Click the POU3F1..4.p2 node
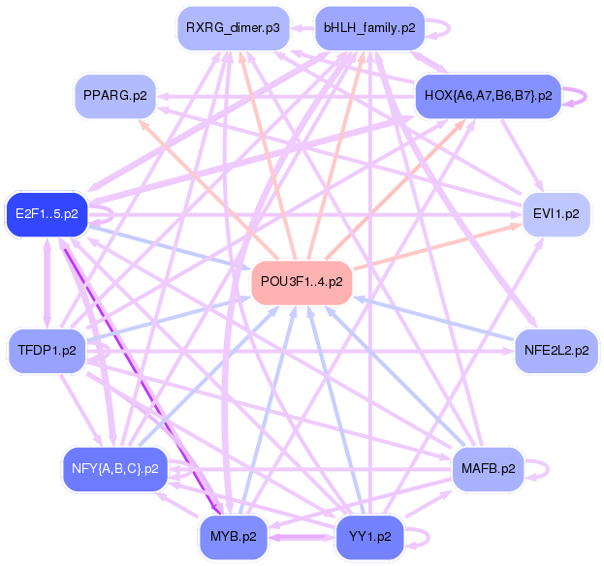(x=302, y=281)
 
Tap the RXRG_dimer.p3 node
(x=232, y=27)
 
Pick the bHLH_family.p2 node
(x=368, y=27)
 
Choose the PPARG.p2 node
(x=114, y=96)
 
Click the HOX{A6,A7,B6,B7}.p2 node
(x=488, y=96)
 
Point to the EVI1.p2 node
(x=556, y=213)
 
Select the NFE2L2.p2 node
(x=556, y=350)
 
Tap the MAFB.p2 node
(x=488, y=469)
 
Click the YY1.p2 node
(x=368, y=536)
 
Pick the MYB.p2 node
(x=234, y=536)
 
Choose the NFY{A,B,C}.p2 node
(x=114, y=469)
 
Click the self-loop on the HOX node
(x=578, y=96)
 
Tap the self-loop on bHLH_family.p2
(x=440, y=27)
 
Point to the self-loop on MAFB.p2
(x=539, y=469)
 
